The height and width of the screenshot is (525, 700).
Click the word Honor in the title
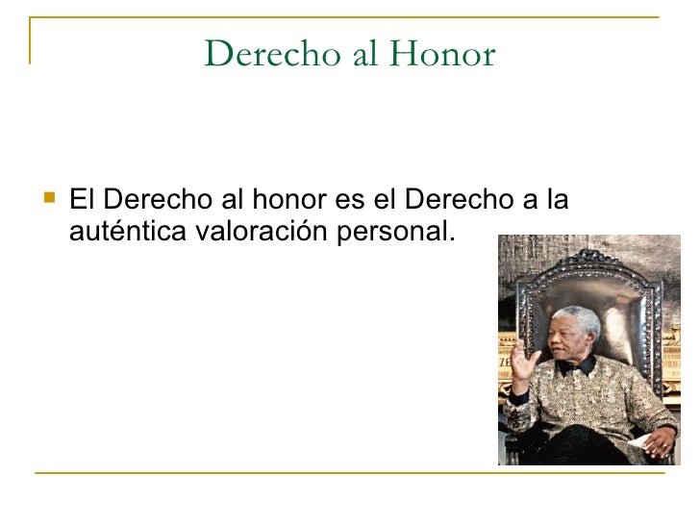tap(442, 55)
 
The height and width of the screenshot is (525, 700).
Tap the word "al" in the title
tap(364, 55)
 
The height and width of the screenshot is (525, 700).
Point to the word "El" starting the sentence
tap(82, 201)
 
